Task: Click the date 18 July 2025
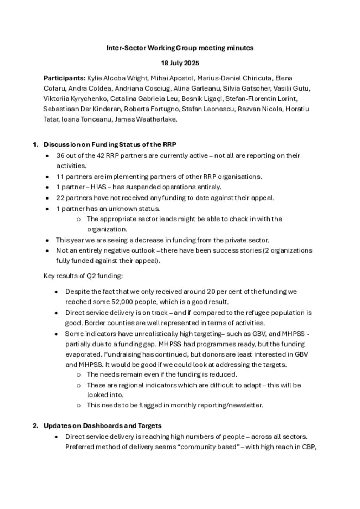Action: click(x=180, y=63)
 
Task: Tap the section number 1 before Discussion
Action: click(x=35, y=144)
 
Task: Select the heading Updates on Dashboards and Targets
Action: click(x=102, y=426)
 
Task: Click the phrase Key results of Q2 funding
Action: click(x=83, y=276)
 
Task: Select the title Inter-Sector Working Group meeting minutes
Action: click(x=180, y=48)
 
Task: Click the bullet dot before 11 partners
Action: click(x=47, y=177)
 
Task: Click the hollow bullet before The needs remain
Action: click(x=78, y=375)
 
